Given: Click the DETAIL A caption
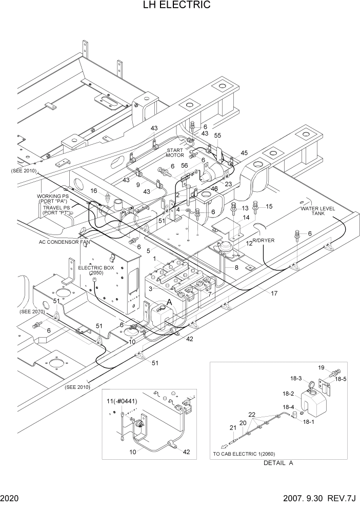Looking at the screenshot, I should [x=278, y=463].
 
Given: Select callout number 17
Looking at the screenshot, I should [x=274, y=293].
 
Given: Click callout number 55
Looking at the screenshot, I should [x=217, y=136].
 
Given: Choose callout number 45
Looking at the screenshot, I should [x=244, y=153].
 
